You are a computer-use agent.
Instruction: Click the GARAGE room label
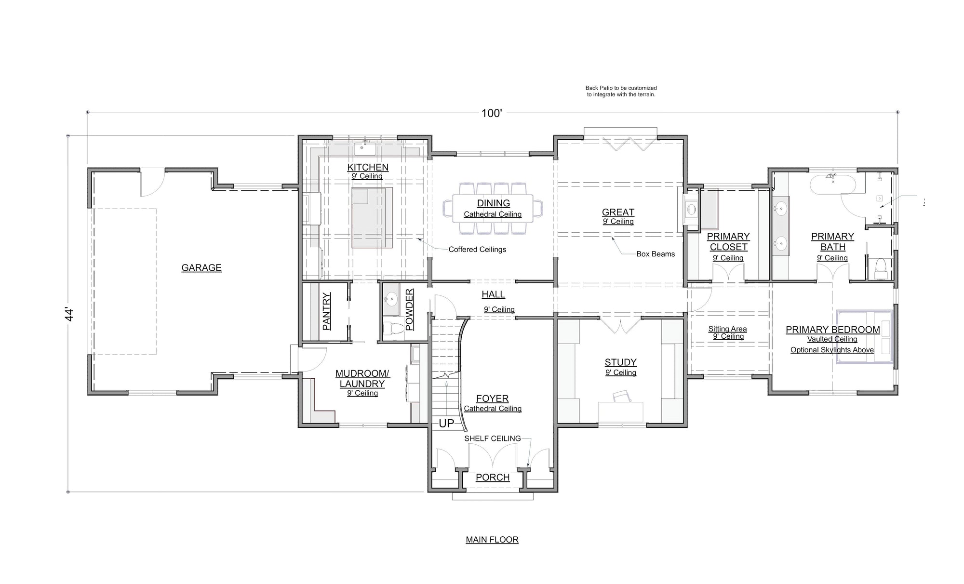click(201, 268)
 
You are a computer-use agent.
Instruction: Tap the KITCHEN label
click(368, 167)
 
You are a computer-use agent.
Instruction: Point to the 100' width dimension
click(492, 113)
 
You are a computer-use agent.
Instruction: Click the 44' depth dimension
click(70, 315)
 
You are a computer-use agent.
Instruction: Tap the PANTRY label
click(326, 311)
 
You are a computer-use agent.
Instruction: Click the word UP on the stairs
click(446, 423)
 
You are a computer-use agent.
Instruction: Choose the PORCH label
click(493, 478)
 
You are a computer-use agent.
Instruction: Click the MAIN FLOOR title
click(492, 540)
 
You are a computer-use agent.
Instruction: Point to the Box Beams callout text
click(656, 254)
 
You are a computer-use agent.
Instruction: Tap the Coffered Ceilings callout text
click(477, 249)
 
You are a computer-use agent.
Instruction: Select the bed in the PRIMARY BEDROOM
click(865, 336)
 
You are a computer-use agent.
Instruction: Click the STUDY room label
click(621, 362)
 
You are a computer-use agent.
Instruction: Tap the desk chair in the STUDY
click(622, 397)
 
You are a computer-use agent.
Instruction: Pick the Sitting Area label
click(728, 329)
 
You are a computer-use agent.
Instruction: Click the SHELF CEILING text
click(493, 438)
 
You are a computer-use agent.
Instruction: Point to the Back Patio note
click(621, 92)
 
